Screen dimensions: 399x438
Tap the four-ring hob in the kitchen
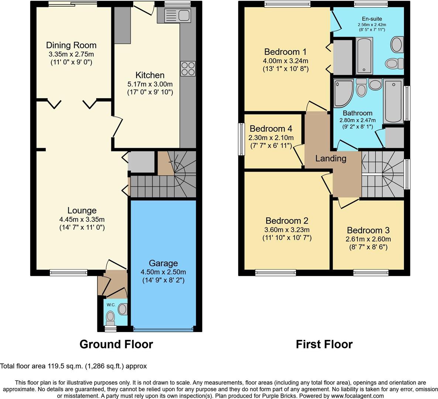188,68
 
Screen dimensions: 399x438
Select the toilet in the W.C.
110,316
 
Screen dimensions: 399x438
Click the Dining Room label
71,45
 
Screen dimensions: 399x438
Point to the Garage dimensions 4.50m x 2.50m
163,272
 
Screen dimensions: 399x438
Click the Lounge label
82,211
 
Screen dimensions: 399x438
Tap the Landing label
331,158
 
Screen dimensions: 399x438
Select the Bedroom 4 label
271,129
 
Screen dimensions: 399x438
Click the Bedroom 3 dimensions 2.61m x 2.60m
368,239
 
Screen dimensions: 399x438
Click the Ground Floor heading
116,344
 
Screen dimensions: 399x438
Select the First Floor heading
324,344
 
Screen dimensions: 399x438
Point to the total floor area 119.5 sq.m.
73,366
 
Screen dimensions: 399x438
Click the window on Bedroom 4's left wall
242,139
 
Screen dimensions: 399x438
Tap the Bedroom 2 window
275,273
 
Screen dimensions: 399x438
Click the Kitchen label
150,75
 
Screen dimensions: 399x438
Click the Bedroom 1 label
285,52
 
